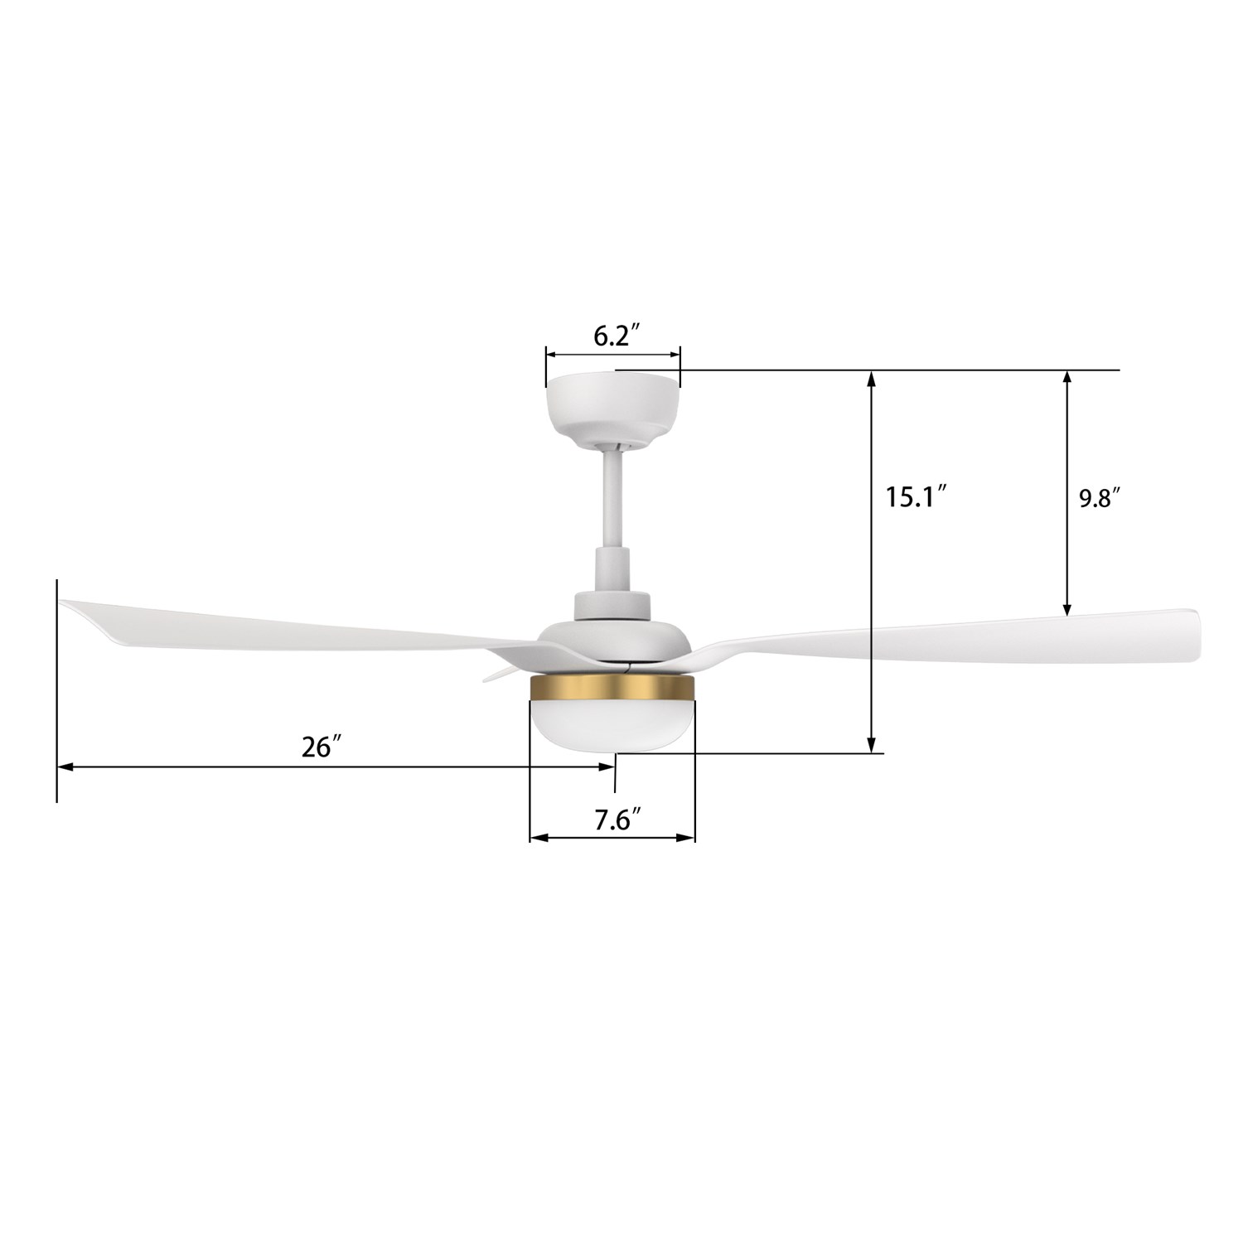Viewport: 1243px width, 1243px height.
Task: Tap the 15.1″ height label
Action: click(x=916, y=497)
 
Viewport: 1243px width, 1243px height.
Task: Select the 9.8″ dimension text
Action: click(x=1100, y=499)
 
